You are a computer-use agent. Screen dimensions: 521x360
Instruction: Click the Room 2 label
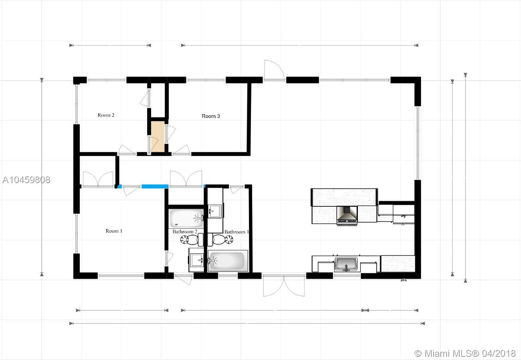click(106, 115)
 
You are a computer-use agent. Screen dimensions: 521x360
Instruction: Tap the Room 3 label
click(211, 116)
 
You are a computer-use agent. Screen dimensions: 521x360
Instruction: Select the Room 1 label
click(114, 231)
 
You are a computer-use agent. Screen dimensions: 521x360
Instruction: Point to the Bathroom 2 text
click(185, 231)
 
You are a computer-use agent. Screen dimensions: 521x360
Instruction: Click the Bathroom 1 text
click(237, 232)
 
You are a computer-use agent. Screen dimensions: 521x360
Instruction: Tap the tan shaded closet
click(158, 136)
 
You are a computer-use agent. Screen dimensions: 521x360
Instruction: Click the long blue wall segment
click(155, 186)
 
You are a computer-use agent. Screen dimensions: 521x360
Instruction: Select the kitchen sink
click(346, 264)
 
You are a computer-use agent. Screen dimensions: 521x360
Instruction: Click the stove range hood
click(347, 214)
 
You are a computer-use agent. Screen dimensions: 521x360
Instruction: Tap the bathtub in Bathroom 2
click(186, 219)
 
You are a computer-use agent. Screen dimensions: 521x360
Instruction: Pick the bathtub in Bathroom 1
click(228, 261)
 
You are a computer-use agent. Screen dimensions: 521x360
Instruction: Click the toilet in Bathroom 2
click(192, 239)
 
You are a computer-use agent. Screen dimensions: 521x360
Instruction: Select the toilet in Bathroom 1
click(220, 239)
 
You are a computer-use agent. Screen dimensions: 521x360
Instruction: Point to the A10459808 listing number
click(26, 180)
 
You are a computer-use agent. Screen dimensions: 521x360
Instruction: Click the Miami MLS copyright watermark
click(465, 354)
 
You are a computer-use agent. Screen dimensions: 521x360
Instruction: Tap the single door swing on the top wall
click(274, 70)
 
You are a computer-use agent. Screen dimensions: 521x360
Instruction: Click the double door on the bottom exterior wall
click(284, 286)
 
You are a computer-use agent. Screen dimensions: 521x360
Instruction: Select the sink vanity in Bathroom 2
click(196, 260)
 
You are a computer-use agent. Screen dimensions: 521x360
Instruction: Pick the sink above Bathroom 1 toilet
click(215, 211)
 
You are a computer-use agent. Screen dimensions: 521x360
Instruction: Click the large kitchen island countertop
click(344, 197)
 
